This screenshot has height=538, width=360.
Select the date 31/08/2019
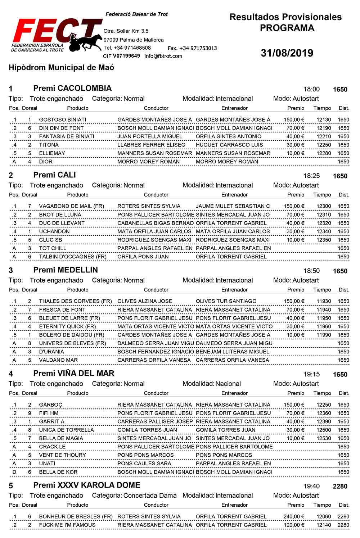point(287,53)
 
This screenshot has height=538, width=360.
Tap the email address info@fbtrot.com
point(163,56)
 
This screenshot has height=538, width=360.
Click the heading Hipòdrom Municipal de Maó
point(61,68)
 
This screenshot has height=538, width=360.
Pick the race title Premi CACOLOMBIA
point(72,89)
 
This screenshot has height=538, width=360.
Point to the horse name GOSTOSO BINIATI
point(63,119)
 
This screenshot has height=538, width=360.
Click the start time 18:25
point(311,176)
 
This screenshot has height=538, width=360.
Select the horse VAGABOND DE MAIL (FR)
point(71,206)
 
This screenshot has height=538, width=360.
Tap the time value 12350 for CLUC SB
point(324,240)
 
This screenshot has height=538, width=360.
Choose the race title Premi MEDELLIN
point(66,270)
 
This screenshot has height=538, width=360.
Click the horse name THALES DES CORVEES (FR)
point(75,301)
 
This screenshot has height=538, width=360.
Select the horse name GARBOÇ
point(50,405)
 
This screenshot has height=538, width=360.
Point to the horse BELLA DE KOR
point(58,472)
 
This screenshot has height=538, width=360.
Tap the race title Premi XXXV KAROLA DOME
point(87,485)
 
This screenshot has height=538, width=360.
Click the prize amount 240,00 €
point(294,516)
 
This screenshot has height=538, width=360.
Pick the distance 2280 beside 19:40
point(340,487)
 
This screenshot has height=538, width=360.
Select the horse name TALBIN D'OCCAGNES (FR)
point(73,257)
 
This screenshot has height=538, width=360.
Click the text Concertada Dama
point(150,496)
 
